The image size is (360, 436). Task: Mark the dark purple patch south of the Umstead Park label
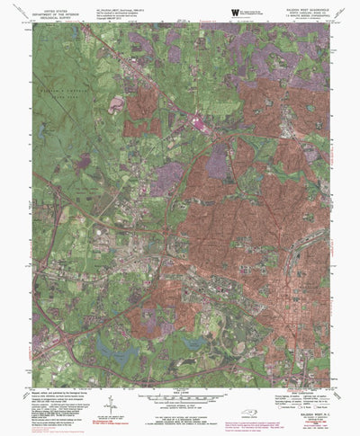[x=85, y=162]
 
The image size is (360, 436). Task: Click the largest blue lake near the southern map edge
[x=112, y=344]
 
